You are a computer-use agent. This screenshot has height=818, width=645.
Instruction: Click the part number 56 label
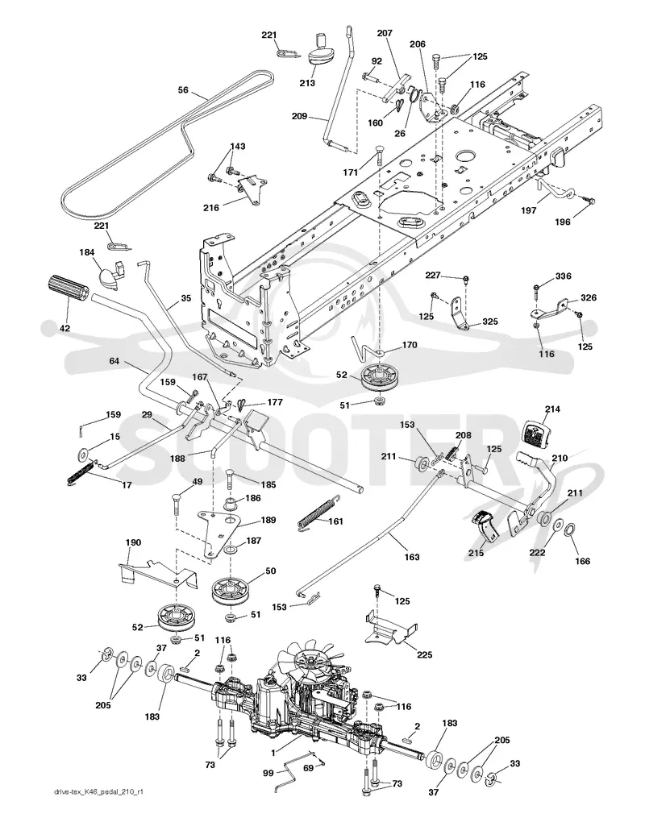[183, 90]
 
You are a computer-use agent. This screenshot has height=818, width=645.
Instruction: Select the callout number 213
[307, 82]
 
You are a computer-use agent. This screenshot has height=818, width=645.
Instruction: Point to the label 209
[299, 116]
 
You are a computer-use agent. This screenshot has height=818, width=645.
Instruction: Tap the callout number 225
[425, 654]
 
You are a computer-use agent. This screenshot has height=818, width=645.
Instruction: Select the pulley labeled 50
[231, 591]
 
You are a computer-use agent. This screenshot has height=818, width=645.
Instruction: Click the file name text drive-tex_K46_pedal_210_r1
[98, 807]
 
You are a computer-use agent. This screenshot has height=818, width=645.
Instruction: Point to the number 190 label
[133, 542]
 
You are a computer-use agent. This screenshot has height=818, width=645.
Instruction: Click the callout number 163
[412, 557]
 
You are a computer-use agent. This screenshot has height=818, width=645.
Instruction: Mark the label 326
[588, 297]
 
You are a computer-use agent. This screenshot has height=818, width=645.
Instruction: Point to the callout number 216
[211, 208]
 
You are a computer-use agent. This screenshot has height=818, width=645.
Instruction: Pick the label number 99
[268, 773]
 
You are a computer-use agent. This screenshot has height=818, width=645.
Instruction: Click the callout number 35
[185, 298]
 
